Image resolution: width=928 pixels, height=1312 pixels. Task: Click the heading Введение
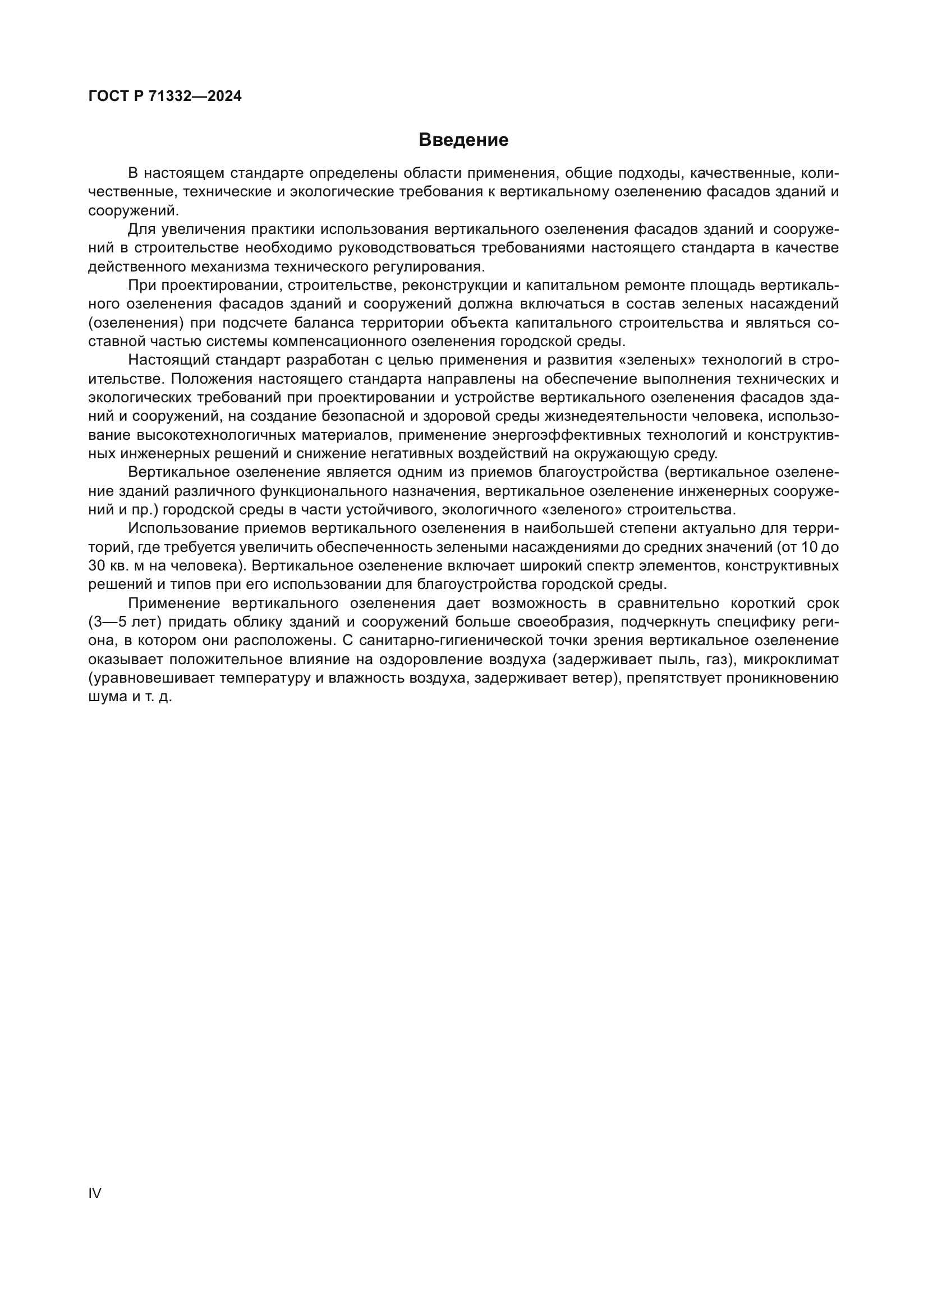point(463,140)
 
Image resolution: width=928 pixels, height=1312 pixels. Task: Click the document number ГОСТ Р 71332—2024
point(165,96)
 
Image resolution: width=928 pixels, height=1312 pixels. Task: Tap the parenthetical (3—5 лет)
point(125,622)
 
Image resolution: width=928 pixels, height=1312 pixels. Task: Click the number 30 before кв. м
point(97,567)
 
